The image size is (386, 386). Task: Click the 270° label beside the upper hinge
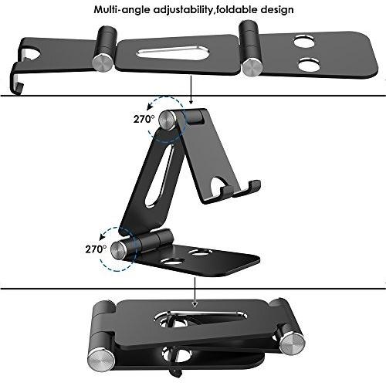coord(144,119)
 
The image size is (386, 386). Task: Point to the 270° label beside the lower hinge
coord(96,249)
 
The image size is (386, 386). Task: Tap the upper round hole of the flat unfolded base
coord(304,41)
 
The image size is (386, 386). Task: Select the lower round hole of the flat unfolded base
coord(309,65)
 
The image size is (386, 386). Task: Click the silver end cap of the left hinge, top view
coord(103,63)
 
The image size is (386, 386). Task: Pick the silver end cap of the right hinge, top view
coord(253,66)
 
